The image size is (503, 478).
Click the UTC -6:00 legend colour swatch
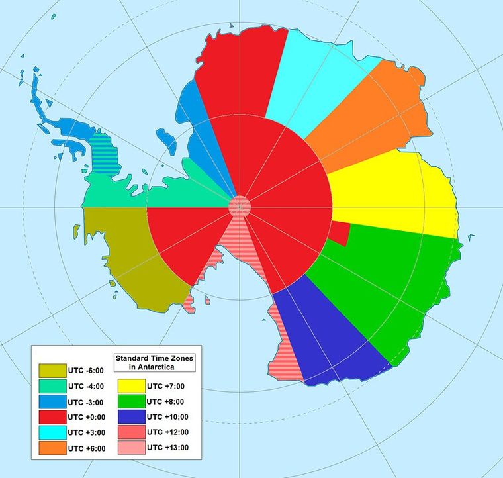[x=52, y=371]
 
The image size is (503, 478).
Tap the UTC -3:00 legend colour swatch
[x=52, y=402]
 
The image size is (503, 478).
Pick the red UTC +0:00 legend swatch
[x=52, y=417]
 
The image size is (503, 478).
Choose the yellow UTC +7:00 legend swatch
[x=130, y=387]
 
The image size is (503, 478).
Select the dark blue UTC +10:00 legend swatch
[x=130, y=417]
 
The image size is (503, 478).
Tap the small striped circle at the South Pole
[x=240, y=206]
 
